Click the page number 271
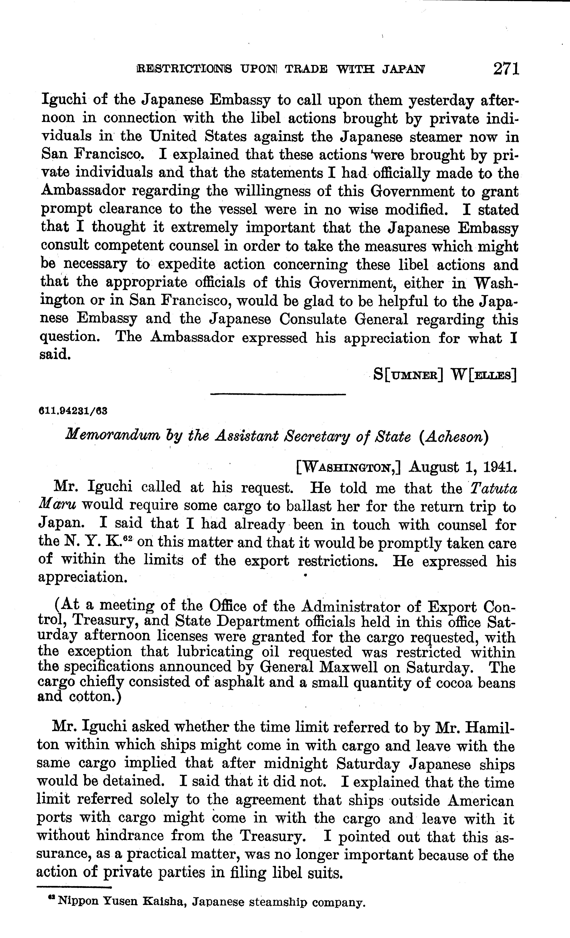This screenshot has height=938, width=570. click(x=506, y=69)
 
